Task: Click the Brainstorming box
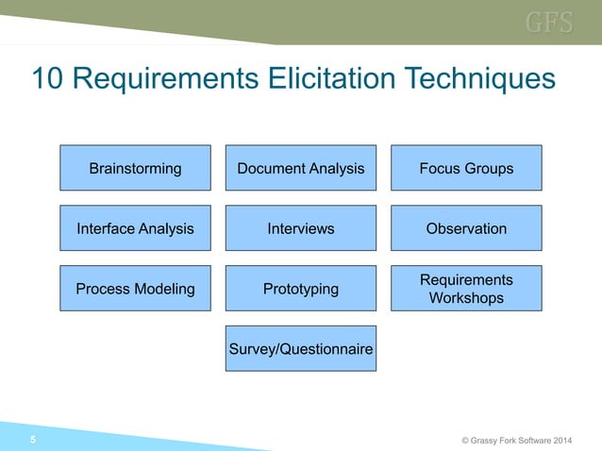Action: (x=135, y=168)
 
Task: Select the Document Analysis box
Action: (x=300, y=168)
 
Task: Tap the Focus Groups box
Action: (x=466, y=168)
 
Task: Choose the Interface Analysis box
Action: (x=135, y=228)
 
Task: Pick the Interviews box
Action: (x=300, y=228)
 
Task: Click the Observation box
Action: (x=466, y=228)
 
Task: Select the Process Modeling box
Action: (x=135, y=289)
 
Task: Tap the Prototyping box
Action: (x=300, y=289)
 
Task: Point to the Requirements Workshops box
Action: (x=466, y=289)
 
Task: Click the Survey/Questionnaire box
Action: (x=300, y=349)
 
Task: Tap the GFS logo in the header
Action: (x=549, y=23)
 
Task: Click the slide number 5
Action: (x=34, y=440)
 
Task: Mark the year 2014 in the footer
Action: (x=558, y=440)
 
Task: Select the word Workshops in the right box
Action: (x=466, y=298)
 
